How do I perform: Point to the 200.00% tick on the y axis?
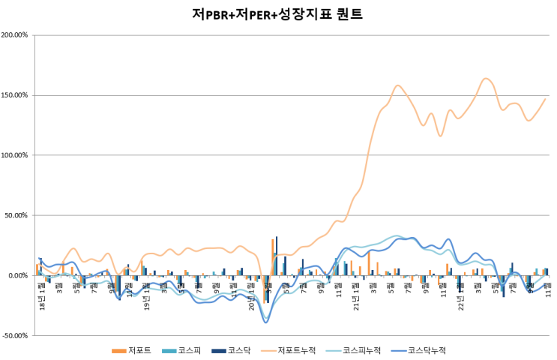point(15,35)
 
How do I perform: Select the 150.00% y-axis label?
point(15,95)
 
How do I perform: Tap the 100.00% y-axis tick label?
point(15,155)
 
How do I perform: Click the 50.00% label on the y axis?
point(16,215)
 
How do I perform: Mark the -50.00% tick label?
point(16,335)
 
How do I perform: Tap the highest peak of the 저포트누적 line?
point(487,78)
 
